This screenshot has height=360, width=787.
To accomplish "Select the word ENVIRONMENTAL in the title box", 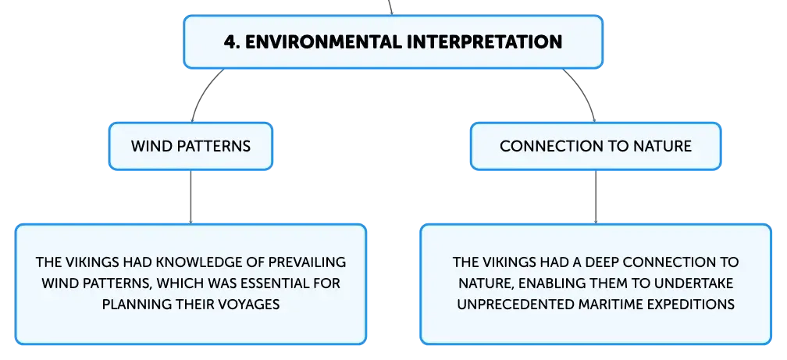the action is click(x=323, y=41).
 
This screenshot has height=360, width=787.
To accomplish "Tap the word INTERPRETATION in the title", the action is click(x=484, y=41).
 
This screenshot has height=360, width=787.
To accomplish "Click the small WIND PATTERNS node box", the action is click(x=191, y=146).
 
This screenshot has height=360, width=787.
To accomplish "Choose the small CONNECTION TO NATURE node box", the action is click(x=596, y=146).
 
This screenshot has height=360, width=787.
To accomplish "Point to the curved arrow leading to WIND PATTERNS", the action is click(x=201, y=92).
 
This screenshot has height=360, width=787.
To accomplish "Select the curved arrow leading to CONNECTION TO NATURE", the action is click(x=585, y=92).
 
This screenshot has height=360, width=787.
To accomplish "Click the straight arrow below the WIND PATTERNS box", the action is click(x=191, y=197).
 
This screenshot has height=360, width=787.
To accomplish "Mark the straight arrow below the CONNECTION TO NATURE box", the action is click(x=596, y=197).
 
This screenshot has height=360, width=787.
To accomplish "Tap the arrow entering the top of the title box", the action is click(x=390, y=8).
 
